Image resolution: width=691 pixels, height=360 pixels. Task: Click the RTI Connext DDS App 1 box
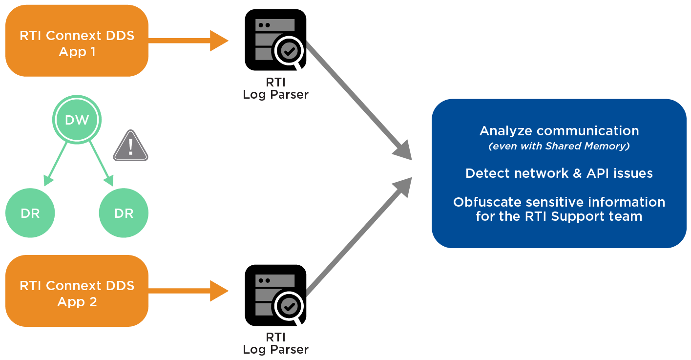coord(77,41)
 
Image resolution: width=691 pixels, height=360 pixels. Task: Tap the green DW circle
coord(77,120)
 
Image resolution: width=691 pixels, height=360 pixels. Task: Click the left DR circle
coord(30,213)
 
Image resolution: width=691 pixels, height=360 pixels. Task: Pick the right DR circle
coord(123,213)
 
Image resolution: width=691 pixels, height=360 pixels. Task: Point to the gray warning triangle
coord(130,147)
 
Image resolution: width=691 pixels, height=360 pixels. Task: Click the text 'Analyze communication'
coord(559,131)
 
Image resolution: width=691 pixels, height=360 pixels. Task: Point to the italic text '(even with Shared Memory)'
coord(559,146)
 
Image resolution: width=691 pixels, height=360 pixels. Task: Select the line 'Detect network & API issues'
coord(559,173)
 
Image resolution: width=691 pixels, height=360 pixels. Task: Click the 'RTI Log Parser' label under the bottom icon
coord(275,344)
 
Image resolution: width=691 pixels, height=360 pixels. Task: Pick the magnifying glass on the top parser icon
coord(289,50)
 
